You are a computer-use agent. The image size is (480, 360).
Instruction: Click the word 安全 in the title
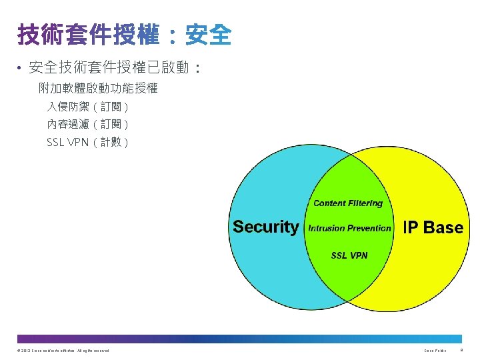[209, 35]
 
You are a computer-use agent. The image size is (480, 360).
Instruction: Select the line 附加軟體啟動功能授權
[98, 87]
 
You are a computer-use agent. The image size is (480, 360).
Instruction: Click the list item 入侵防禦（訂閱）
[87, 107]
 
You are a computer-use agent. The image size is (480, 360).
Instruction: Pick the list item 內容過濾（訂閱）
[87, 124]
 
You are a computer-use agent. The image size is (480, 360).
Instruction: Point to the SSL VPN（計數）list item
[87, 142]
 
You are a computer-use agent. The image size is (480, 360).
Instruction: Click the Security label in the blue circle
[266, 227]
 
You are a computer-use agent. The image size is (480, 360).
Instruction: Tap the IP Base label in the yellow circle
[433, 227]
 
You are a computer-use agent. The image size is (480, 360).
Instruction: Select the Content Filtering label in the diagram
[348, 203]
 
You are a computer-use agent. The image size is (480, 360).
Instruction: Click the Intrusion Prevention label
[349, 228]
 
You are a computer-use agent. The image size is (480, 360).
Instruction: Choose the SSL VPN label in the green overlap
[349, 255]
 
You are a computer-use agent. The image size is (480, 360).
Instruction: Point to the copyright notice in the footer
[64, 351]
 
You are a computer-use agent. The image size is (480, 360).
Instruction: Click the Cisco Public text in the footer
[435, 351]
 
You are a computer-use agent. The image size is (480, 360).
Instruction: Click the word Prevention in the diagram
[369, 228]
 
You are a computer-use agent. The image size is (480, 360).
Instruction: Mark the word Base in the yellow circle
[443, 227]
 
